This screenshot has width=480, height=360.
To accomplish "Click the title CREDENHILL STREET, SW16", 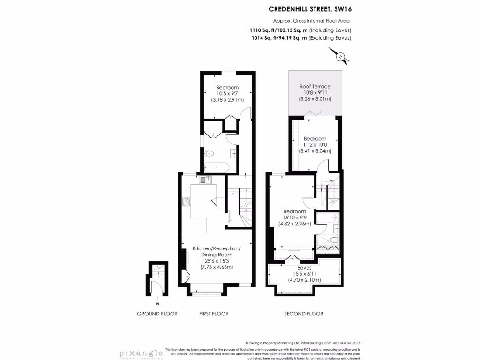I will click(x=309, y=8).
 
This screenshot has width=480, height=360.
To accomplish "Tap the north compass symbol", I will click(x=342, y=57).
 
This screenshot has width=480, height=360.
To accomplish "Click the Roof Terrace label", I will click(x=315, y=87).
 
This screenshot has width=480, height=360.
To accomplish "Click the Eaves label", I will click(x=304, y=268).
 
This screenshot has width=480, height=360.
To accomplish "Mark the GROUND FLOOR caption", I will click(x=157, y=314).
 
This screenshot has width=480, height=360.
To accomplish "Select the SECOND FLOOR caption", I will click(x=304, y=314).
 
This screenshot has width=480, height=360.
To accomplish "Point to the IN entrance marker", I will click(x=157, y=304).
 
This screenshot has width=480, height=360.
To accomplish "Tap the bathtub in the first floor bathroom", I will click(x=217, y=166).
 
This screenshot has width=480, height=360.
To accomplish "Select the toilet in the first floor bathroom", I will click(x=209, y=153).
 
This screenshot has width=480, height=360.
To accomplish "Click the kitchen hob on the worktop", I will click(x=186, y=202).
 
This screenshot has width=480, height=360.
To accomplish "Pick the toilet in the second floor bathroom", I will click(x=334, y=240).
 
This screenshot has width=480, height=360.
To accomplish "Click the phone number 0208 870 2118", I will click(x=348, y=343).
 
